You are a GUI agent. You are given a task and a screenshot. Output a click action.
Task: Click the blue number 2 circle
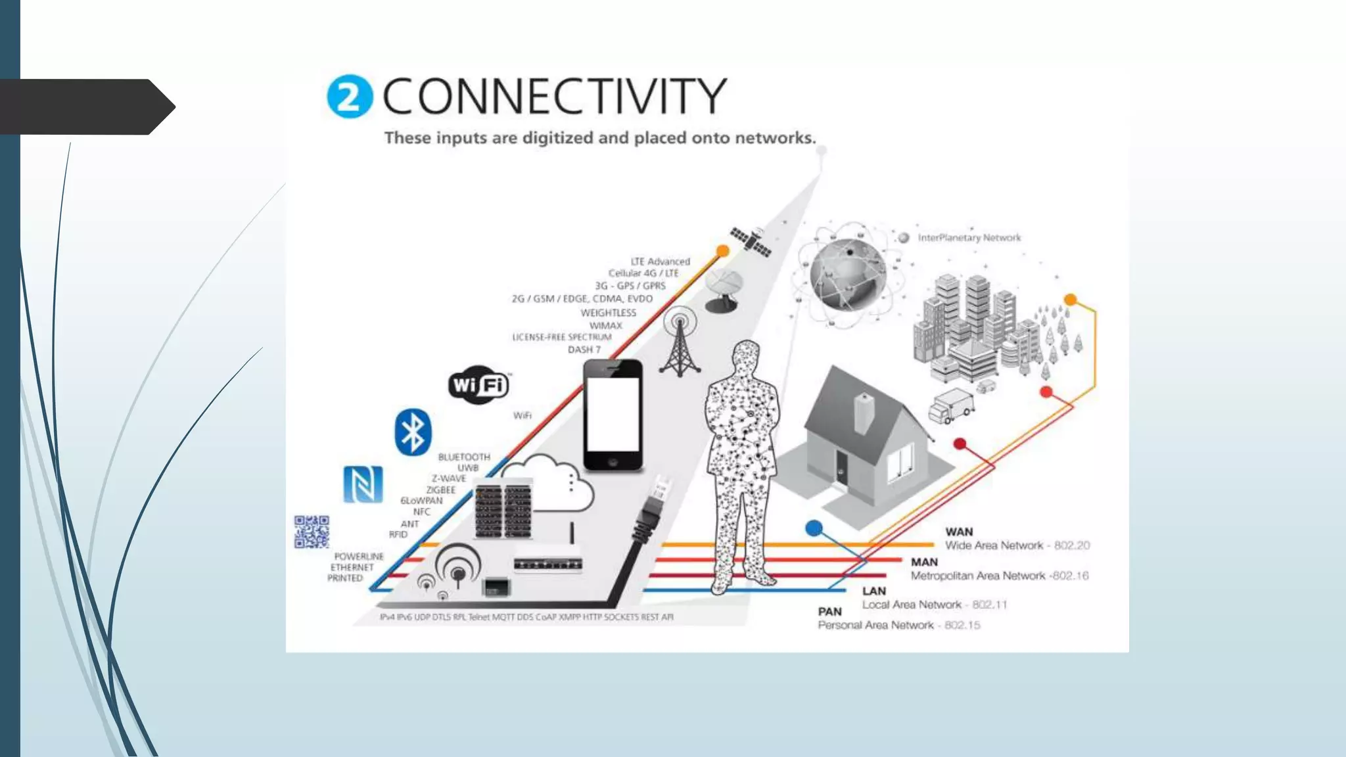point(349,97)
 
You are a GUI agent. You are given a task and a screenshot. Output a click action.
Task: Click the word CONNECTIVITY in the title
point(554,96)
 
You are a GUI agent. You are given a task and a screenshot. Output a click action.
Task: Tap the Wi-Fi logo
point(479,384)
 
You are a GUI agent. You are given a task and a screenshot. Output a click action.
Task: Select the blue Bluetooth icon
point(413,432)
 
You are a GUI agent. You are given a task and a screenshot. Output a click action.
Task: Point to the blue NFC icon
point(363,484)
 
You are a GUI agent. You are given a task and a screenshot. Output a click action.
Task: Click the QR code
point(312,532)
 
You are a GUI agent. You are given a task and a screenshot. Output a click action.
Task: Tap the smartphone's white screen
point(613,414)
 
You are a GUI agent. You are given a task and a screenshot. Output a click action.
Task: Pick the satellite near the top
point(751,242)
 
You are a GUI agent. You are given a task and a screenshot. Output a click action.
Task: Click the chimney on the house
point(864,413)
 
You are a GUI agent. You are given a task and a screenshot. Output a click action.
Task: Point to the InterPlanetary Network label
point(969,238)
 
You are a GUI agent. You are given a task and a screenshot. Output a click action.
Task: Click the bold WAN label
point(959,532)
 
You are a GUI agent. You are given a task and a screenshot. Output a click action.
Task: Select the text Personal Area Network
point(875,625)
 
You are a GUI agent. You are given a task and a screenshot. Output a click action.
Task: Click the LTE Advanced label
point(660,262)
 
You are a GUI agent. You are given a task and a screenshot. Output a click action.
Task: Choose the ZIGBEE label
point(440,490)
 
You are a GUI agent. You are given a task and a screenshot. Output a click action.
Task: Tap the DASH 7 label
point(584,350)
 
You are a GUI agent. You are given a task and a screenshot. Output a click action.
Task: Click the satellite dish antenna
point(724,289)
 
